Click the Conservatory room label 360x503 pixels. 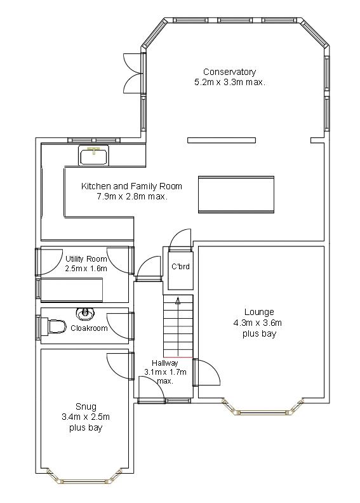230,72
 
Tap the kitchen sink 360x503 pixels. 93,156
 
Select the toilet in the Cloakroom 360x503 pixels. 57,326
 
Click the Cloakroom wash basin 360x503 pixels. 85,314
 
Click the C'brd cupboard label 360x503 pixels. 180,266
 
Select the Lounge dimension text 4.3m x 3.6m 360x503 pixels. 258,323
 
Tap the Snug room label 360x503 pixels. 86,406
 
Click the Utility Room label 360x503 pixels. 86,258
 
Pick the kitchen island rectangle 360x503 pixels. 236,194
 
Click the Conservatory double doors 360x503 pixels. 133,73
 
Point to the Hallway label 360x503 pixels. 165,363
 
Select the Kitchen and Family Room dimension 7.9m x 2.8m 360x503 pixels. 132,196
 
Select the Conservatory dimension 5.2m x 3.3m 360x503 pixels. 230,82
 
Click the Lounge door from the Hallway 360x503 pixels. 207,372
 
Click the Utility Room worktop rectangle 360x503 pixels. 72,290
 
